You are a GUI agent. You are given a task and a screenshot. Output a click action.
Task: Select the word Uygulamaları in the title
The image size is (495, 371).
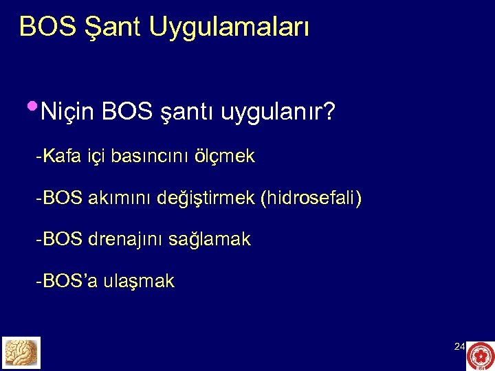[x=229, y=27]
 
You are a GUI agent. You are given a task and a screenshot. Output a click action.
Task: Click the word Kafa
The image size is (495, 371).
[x=58, y=157]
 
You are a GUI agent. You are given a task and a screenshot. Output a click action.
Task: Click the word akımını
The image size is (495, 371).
[x=120, y=199]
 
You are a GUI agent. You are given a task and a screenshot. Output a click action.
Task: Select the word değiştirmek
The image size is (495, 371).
[x=206, y=199]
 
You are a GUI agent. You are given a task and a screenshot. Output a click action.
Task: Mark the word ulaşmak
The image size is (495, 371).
[x=139, y=281]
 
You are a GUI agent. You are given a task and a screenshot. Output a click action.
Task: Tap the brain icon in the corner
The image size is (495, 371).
[x=21, y=352]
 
